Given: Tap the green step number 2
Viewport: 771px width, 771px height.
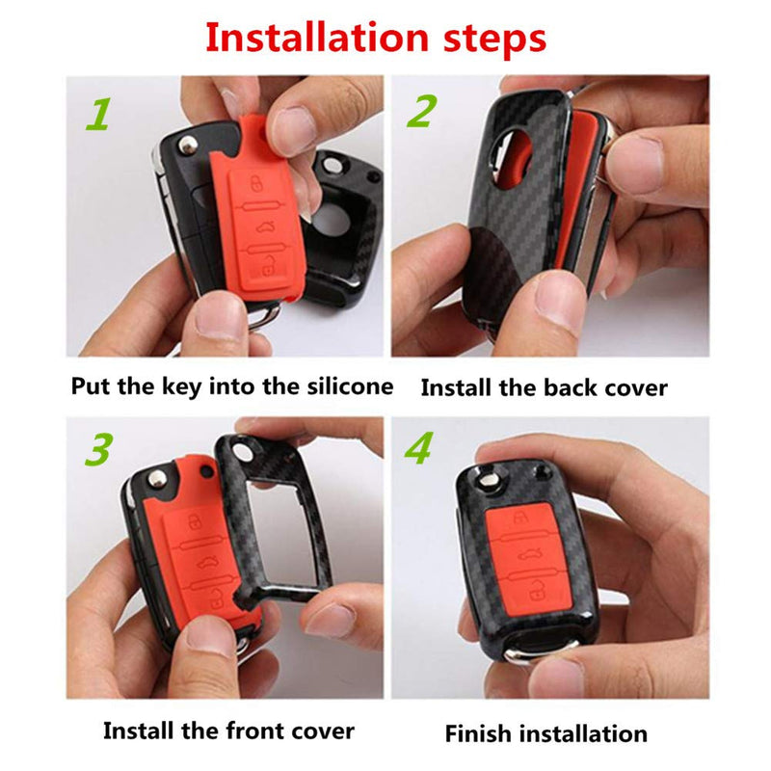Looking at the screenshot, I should tap(420, 113).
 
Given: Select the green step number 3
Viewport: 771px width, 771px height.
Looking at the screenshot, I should tap(99, 448).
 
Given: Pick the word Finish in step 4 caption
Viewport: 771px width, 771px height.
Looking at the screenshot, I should tap(479, 733).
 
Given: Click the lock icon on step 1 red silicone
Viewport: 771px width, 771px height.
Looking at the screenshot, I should tap(255, 185).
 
